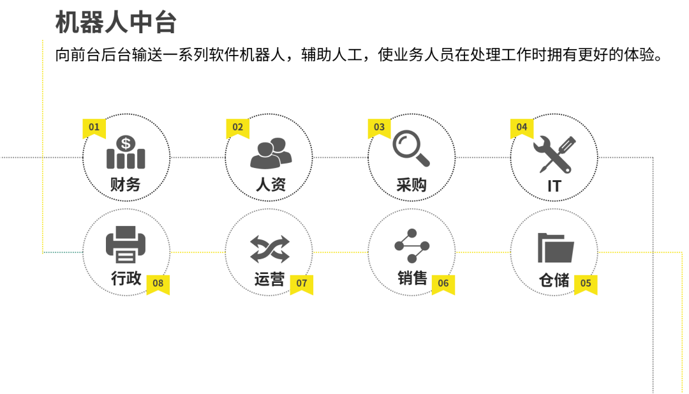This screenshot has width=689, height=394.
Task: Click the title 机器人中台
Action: coord(115,22)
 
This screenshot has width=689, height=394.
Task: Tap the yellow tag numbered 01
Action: coord(94,128)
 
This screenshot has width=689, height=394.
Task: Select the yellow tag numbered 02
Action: coord(237,128)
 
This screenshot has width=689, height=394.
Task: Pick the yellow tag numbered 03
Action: coord(379,128)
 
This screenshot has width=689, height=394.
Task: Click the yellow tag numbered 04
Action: coord(522,128)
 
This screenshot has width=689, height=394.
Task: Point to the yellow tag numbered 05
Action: coord(586,284)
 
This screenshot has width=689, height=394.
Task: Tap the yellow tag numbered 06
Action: coord(443,284)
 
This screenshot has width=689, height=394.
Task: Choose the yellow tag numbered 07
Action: coord(302,284)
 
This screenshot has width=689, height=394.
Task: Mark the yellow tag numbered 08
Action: coord(158,284)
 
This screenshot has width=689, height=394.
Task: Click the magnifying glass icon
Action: coord(411,148)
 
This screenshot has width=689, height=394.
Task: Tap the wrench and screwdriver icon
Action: coord(554,154)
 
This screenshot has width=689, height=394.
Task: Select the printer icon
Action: coord(126,245)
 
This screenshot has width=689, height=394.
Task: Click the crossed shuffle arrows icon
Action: coord(269,249)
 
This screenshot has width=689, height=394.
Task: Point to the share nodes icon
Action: coord(412,246)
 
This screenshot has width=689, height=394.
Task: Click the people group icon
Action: coord(270,153)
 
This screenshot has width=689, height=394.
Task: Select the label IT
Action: coord(554,186)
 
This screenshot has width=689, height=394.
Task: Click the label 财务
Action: coord(126,185)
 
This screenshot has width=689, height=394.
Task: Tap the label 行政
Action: coord(126,278)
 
